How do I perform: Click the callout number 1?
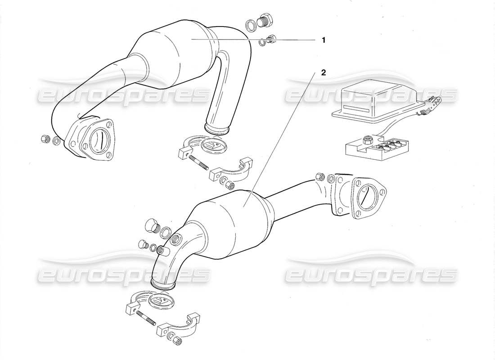pos(323,40)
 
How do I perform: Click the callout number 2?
pos(323,72)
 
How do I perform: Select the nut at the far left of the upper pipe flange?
pos(45,139)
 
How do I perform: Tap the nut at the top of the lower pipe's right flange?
pos(320,176)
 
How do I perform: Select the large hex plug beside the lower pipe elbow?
pos(152,225)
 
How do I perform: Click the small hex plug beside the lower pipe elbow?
pos(143,244)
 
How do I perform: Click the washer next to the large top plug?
pos(251,24)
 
